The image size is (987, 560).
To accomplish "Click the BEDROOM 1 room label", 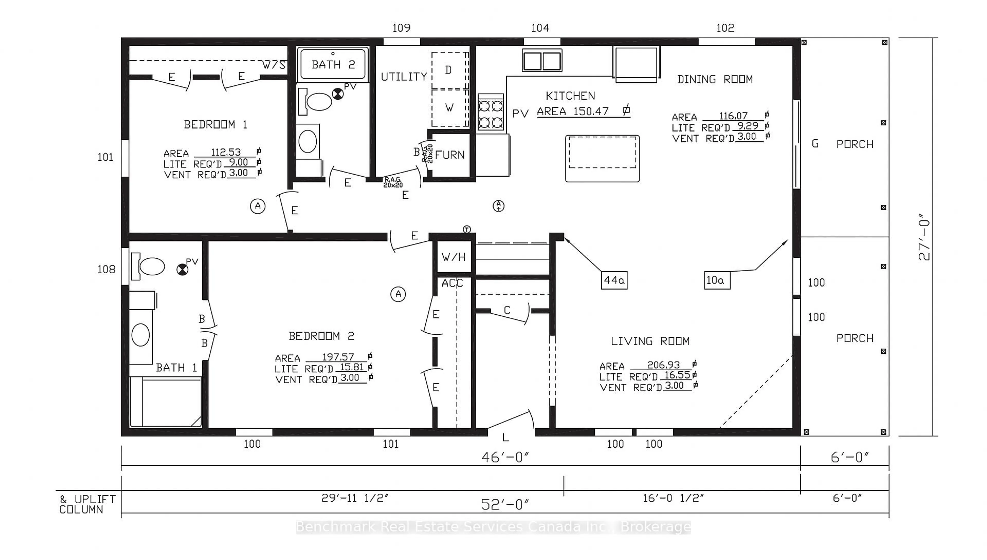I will point(215,125).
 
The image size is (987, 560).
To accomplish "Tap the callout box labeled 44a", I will point(614,280).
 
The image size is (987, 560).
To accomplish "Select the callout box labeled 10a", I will point(717,280).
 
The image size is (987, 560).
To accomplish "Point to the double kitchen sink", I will point(542,60).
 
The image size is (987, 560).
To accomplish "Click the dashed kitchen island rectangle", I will point(602,152).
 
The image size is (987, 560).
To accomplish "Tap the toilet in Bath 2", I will point(316,102).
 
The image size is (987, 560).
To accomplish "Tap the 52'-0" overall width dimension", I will point(505,505).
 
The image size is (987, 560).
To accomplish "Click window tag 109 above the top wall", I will point(401,28).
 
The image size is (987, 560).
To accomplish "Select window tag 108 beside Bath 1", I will point(106,270).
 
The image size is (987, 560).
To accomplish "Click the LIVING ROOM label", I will point(650,341).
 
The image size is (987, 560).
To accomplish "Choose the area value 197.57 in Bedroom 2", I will point(338,357).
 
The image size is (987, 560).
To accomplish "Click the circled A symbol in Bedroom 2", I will point(398,294).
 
